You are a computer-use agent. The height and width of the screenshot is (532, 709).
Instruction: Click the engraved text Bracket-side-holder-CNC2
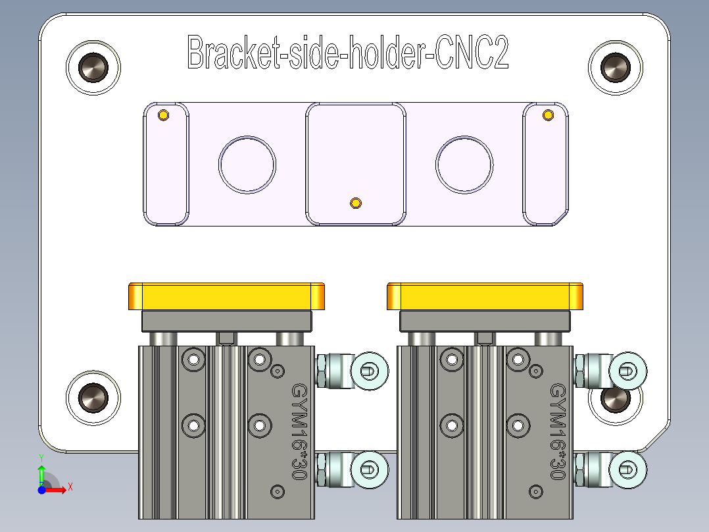click(x=348, y=53)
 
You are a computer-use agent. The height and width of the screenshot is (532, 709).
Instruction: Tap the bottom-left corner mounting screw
click(x=93, y=397)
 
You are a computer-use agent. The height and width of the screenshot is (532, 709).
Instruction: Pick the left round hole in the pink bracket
click(x=247, y=165)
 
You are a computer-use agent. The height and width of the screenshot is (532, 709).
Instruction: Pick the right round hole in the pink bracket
click(x=464, y=165)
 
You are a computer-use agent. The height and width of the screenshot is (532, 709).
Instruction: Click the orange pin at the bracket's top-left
click(x=163, y=117)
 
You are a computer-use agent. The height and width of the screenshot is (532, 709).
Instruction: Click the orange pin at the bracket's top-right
click(x=547, y=115)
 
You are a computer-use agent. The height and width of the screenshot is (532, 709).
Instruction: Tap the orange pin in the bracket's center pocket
click(x=356, y=202)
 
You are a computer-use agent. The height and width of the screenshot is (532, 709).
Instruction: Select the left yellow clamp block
click(x=226, y=296)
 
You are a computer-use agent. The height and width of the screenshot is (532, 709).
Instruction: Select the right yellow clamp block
click(x=485, y=296)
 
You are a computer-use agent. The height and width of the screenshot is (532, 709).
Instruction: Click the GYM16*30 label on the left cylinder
click(x=300, y=431)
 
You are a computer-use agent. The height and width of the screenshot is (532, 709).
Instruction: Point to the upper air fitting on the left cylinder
click(x=353, y=371)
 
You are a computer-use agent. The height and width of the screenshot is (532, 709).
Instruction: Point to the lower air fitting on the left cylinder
click(x=353, y=469)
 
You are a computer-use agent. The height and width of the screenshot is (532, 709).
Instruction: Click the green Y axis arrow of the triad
click(x=41, y=471)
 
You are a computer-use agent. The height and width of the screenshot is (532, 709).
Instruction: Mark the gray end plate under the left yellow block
click(x=226, y=321)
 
